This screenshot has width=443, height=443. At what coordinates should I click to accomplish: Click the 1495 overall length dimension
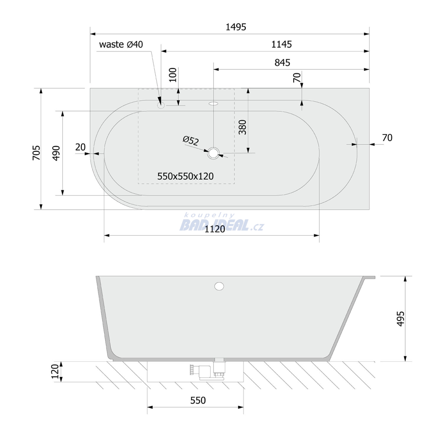tap(236, 27)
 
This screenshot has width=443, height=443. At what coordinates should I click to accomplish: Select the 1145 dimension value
tap(281, 45)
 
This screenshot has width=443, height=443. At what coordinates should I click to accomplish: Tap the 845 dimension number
tap(282, 62)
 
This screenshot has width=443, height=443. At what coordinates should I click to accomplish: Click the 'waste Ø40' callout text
tap(121, 45)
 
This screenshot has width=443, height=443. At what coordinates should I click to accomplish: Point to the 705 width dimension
tap(37, 153)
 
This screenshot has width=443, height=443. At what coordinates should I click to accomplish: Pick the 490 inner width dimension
tap(57, 153)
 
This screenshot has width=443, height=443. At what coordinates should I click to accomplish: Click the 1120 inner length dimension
tap(215, 229)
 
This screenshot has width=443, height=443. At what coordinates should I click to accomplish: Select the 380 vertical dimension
tap(243, 127)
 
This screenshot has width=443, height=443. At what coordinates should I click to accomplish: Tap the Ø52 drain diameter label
tap(191, 140)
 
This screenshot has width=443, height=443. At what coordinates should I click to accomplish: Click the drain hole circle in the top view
tap(214, 153)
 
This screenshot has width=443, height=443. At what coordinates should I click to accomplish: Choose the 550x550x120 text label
tap(185, 177)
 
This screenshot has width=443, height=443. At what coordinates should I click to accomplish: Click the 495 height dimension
tap(401, 319)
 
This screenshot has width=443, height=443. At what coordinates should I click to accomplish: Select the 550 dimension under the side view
tap(198, 400)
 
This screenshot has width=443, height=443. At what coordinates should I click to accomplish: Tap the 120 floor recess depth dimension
tap(55, 372)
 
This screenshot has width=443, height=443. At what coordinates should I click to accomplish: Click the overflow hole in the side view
tap(219, 286)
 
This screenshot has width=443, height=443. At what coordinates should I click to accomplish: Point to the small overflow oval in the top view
tap(214, 103)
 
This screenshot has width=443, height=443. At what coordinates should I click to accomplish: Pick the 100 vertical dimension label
tap(173, 75)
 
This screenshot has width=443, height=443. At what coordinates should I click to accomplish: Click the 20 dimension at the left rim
tap(80, 147)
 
